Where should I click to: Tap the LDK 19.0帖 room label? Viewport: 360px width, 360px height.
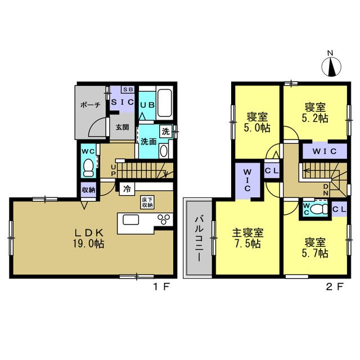click(89, 238)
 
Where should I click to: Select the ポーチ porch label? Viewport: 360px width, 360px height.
click(91, 105)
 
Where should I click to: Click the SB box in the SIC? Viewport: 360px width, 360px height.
click(128, 89)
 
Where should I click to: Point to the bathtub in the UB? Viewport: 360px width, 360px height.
click(164, 103)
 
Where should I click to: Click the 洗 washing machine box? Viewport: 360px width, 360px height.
click(166, 132)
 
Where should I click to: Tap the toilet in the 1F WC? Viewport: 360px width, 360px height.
click(88, 168)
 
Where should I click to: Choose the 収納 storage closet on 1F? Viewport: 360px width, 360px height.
click(88, 190)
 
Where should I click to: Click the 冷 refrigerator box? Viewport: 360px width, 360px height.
click(127, 189)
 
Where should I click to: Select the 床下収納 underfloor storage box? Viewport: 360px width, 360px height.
click(147, 202)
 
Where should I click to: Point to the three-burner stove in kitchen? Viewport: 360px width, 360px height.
click(164, 219)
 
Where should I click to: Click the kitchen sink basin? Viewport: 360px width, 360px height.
click(131, 220)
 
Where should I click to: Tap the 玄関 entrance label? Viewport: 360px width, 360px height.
click(122, 127)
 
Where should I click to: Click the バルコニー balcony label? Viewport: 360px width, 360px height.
click(199, 238)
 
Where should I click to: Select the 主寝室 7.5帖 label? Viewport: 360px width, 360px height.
click(247, 238)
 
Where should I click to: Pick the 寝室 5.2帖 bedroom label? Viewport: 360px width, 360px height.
click(315, 112)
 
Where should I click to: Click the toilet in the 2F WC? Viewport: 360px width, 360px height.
click(319, 209)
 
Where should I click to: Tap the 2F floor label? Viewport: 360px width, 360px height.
click(335, 287)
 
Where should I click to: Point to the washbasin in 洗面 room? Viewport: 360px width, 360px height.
click(164, 151)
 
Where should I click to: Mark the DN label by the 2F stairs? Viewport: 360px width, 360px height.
click(326, 190)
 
